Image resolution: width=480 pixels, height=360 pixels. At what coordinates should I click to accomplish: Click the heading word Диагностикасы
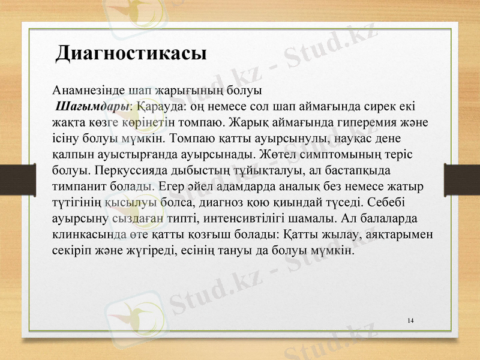coord(131,53)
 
